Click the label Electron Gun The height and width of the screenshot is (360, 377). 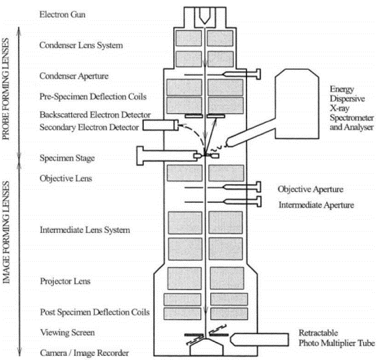click(62, 15)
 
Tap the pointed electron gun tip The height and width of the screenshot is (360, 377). click(205, 24)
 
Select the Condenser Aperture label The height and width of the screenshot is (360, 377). click(74, 76)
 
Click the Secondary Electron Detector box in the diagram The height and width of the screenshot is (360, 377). click(161, 125)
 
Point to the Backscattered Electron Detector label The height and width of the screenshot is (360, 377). click(95, 114)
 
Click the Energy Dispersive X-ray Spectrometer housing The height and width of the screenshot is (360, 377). click(297, 104)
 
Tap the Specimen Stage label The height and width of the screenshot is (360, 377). click(67, 158)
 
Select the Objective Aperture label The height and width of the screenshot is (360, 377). click(311, 189)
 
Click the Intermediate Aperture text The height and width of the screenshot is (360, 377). click(316, 205)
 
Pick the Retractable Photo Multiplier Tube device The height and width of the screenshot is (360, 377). click(259, 339)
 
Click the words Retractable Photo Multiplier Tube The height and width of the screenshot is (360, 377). click(337, 338)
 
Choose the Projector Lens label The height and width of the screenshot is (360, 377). click(65, 281)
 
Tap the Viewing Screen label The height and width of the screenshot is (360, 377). click(67, 333)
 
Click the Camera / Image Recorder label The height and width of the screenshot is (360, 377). click(84, 353)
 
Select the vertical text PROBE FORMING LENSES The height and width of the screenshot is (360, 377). click(6, 89)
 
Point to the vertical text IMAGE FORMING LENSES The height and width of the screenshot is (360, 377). click(6, 232)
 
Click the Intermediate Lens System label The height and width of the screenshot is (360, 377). click(85, 230)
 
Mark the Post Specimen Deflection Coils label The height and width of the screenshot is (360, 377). click(95, 312)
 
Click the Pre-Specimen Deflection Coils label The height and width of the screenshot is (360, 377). click(93, 96)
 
